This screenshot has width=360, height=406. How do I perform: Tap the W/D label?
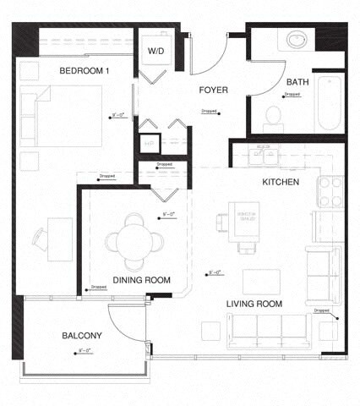coord(156,51)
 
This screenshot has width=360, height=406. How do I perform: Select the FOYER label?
coord(214,90)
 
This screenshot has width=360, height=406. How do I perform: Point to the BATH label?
coord(297,82)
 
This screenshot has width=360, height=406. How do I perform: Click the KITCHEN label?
coord(281,182)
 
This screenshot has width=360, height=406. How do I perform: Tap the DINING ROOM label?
coord(142,280)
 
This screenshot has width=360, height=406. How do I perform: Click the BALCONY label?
coord(82,336)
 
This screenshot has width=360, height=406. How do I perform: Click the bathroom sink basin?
coord(297,40)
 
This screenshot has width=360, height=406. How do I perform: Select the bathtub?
coord(329,103)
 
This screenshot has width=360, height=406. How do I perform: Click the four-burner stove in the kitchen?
coord(330,191)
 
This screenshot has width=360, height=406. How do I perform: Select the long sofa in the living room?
coord(270,330)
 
